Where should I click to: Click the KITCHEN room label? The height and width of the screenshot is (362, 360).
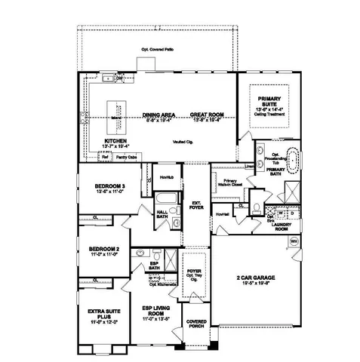pyautogui.click(x=115, y=140)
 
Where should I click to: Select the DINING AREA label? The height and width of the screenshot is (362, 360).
pyautogui.click(x=158, y=115)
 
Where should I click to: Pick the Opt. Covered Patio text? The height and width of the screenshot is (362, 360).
pyautogui.click(x=156, y=50)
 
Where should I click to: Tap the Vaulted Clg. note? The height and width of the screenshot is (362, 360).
pyautogui.click(x=183, y=141)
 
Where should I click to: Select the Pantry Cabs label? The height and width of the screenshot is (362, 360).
pyautogui.click(x=126, y=157)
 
